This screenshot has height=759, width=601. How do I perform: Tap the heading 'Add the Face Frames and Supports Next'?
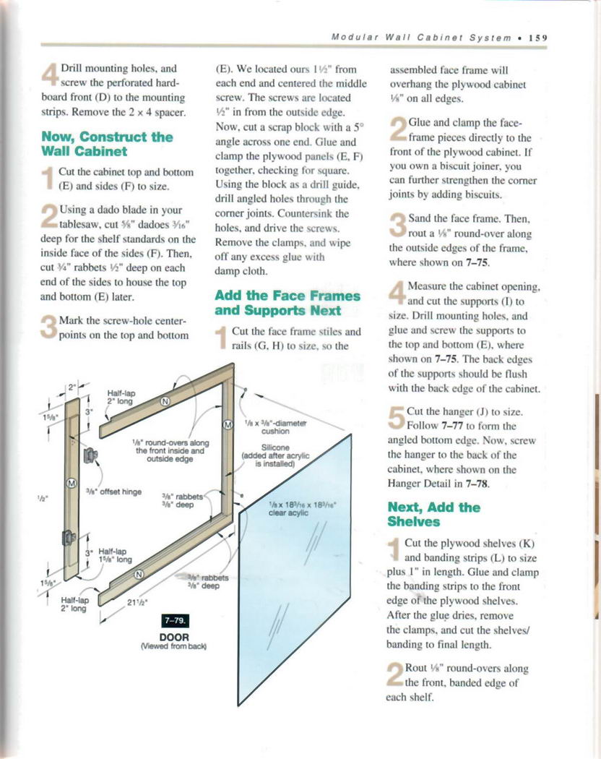[x=287, y=303]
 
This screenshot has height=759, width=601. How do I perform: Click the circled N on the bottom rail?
[x=140, y=575]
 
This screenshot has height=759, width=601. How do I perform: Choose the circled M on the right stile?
[x=229, y=424]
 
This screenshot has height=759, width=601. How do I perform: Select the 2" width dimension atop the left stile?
[x=73, y=387]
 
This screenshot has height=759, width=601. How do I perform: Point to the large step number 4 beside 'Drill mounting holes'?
[x=50, y=74]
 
